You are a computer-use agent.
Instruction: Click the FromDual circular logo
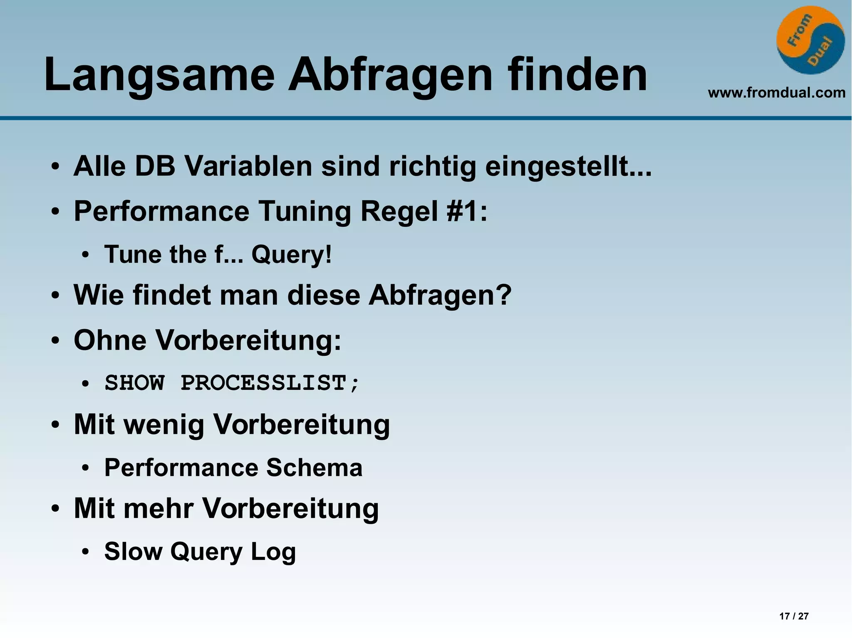pyautogui.click(x=810, y=40)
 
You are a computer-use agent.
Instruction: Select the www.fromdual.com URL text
pyautogui.click(x=776, y=93)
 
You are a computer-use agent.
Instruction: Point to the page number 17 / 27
pyautogui.click(x=794, y=616)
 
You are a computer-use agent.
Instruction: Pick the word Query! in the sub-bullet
pyautogui.click(x=292, y=254)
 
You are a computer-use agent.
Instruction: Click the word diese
pyautogui.click(x=324, y=295)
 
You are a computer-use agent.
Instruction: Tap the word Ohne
pyautogui.click(x=110, y=340)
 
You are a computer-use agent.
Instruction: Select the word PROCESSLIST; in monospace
pyautogui.click(x=270, y=383)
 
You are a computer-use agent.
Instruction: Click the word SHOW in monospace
pyautogui.click(x=134, y=383)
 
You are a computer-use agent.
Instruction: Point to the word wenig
pyautogui.click(x=165, y=425)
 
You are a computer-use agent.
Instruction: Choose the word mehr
pyautogui.click(x=162, y=508)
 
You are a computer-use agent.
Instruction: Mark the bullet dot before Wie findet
pyautogui.click(x=55, y=296)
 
